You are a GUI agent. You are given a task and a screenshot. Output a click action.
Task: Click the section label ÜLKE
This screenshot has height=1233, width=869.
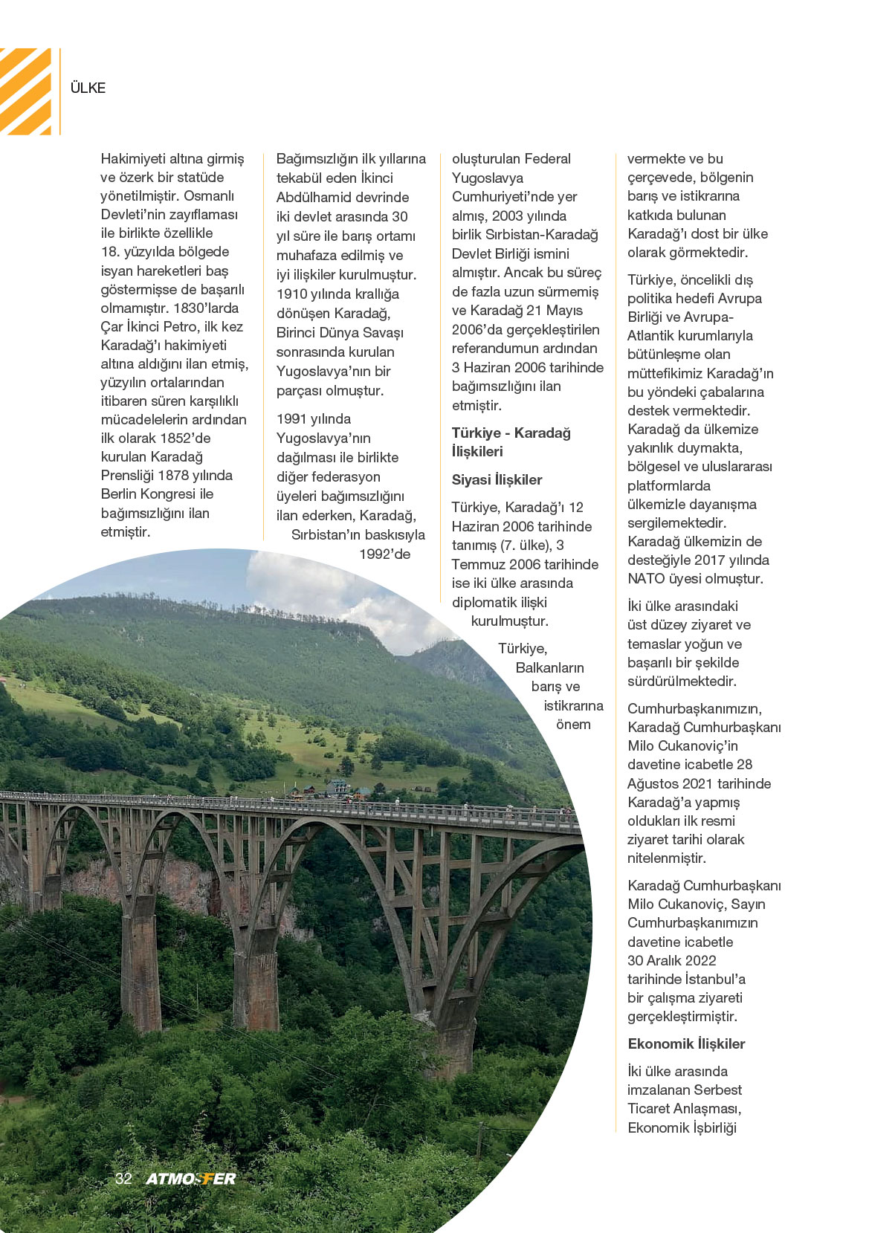(x=88, y=88)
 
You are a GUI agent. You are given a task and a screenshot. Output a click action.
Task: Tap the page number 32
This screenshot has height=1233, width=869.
(x=123, y=1178)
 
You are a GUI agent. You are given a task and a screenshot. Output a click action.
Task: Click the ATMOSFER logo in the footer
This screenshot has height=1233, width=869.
(x=191, y=1179)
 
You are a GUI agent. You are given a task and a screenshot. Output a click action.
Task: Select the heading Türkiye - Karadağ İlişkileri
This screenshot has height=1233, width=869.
(x=511, y=442)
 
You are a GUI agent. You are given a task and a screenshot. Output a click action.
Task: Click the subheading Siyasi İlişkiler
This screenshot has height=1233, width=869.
(x=497, y=480)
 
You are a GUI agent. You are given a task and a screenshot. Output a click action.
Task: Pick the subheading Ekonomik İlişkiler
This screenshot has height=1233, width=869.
(x=686, y=1043)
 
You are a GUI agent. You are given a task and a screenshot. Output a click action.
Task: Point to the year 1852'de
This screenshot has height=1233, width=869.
(x=185, y=438)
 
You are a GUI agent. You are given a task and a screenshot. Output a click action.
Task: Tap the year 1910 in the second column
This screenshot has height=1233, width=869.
(x=291, y=294)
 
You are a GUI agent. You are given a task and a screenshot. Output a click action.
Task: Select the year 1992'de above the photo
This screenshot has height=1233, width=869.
(x=384, y=554)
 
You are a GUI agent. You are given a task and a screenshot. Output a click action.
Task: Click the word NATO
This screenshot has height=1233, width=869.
(x=646, y=578)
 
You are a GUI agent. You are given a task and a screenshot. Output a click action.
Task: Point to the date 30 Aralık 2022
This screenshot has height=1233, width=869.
(x=672, y=960)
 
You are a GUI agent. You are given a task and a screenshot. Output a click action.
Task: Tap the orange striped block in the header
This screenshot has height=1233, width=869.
(x=26, y=91)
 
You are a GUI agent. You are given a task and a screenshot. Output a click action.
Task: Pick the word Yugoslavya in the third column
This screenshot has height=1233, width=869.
(x=488, y=178)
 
